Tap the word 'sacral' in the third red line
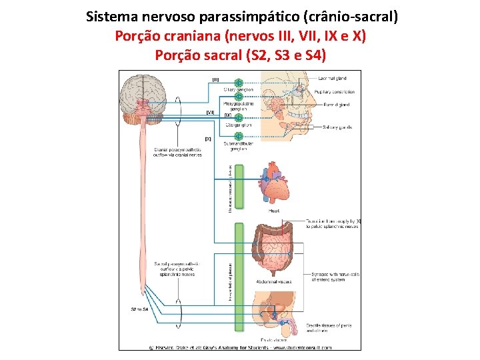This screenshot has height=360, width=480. click(219, 55)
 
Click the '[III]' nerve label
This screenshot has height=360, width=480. click(215, 79)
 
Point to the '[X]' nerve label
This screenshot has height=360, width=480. click(208, 139)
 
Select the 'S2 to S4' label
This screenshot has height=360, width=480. click(139, 309)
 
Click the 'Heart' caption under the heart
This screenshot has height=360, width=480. click(273, 210)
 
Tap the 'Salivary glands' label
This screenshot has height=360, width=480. click(337, 127)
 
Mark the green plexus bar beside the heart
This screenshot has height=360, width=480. click(239, 189)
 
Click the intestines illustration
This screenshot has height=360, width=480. click(273, 250)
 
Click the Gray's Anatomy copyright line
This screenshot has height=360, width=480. click(239, 347)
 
